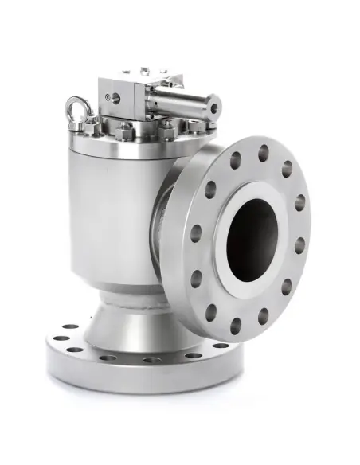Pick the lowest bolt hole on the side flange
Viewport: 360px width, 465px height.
tap(236, 326)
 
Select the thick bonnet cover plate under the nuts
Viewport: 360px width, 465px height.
tap(127, 143)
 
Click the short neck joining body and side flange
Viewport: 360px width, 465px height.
tap(169, 231)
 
